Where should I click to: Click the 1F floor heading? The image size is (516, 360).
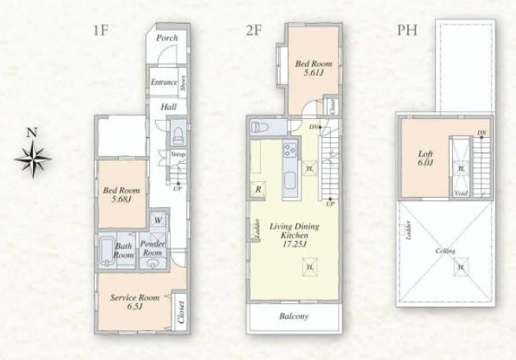point(100,31)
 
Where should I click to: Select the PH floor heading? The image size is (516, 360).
point(407,31)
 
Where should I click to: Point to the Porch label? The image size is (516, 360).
point(166,38)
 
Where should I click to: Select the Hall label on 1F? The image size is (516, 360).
point(168,107)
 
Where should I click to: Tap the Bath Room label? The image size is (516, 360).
point(124,250)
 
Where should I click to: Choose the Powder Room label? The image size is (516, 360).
point(151,249)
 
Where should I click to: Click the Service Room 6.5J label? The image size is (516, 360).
point(134,302)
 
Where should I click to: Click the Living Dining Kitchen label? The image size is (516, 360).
point(288,236)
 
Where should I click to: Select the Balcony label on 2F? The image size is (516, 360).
point(292,317)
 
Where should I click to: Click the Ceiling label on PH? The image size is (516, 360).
point(446,251)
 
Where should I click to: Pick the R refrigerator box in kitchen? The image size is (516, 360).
point(258,189)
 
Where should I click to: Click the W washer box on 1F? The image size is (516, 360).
point(158,221)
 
